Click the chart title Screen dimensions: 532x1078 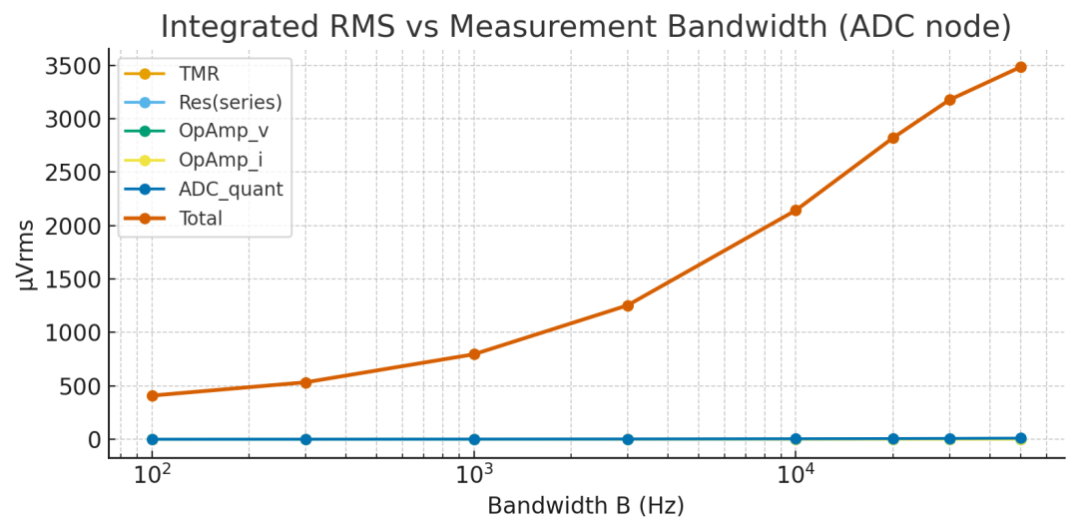click(x=586, y=26)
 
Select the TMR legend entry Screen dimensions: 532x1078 click(x=200, y=74)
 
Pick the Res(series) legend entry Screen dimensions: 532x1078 click(x=230, y=102)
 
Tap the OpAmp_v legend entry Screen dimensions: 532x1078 click(x=223, y=131)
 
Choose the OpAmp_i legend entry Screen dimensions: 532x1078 click(x=221, y=160)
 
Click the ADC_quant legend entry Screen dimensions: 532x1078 click(x=230, y=189)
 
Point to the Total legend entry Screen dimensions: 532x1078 click(x=200, y=218)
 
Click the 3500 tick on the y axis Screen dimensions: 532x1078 click(x=73, y=67)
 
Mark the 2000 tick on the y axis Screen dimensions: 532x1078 click(x=73, y=227)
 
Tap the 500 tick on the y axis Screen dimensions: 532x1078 click(x=80, y=386)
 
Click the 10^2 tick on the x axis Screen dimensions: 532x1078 click(x=152, y=474)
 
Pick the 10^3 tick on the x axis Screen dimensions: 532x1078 click(x=474, y=474)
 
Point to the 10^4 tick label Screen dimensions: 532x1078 click(x=796, y=474)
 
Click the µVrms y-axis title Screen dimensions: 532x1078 click(x=27, y=254)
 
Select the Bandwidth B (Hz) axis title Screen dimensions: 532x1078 click(x=586, y=507)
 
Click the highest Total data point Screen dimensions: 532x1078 click(x=1020, y=67)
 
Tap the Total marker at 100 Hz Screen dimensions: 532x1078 click(x=153, y=395)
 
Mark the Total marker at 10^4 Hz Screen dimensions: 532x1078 click(x=796, y=211)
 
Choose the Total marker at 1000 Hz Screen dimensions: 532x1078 click(x=474, y=354)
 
